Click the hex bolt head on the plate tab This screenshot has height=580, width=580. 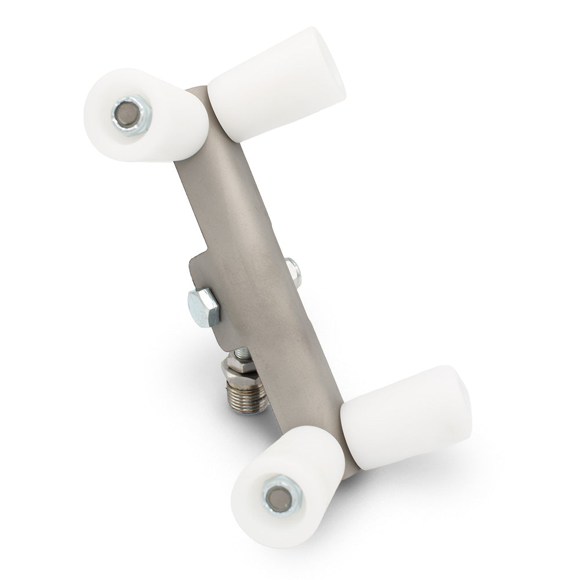pos(203,306)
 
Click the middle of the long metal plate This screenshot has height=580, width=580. pos(255,261)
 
